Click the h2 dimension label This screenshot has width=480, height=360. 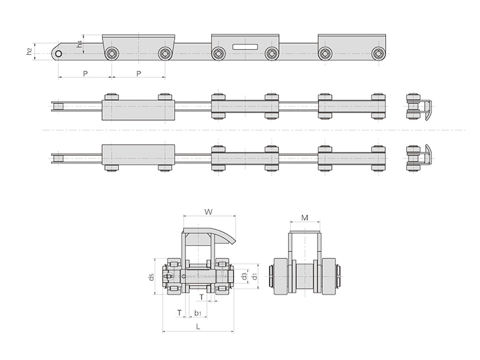coord(29,52)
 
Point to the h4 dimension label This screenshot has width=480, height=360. coord(80,44)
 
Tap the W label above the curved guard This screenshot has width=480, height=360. coord(208,212)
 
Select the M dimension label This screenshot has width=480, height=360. coord(305,218)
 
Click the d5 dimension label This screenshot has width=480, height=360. coord(151,277)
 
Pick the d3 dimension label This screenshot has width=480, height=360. coord(244,276)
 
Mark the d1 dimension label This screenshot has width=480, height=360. coord(254,276)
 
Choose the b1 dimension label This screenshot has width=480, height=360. coord(198,313)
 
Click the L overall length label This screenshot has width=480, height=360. coord(198,326)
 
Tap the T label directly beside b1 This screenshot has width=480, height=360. coord(179,313)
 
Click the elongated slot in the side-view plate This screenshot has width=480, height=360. coord(245,47)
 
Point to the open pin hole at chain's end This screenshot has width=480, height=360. coord(58,54)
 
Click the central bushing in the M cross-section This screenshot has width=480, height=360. coord(305,277)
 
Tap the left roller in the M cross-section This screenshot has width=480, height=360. coord(281,277)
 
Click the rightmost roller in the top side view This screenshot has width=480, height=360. coord(378,54)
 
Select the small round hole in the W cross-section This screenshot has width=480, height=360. coord(184,277)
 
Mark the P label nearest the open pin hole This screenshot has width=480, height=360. coord(85,73)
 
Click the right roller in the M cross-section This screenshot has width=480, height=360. coord(329,277)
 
